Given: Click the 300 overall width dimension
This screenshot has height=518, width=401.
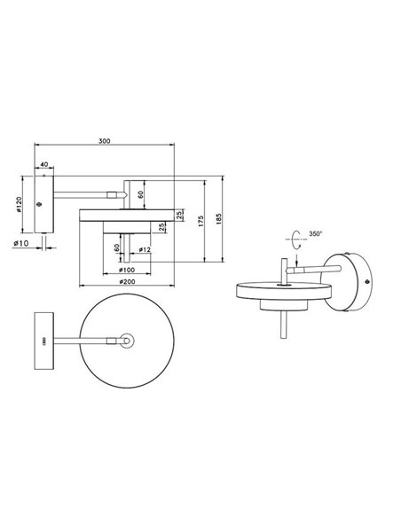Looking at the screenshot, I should pyautogui.click(x=105, y=140).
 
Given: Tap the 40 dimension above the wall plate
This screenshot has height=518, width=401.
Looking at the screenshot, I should pyautogui.click(x=44, y=165).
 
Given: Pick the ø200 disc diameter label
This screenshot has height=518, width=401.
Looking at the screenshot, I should pyautogui.click(x=126, y=283).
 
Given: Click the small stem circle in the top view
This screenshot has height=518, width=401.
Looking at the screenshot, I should pyautogui.click(x=127, y=339).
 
